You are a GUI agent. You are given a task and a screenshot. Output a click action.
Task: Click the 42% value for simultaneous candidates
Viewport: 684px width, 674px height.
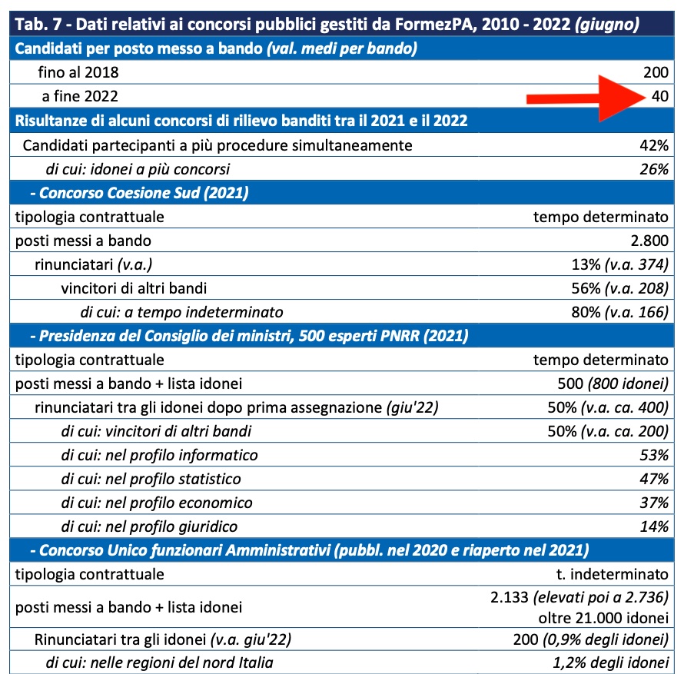pos(655,145)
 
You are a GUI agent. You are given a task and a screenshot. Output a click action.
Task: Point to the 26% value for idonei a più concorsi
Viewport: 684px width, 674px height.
pos(655,169)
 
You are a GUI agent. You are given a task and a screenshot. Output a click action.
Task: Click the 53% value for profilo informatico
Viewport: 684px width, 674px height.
pos(655,455)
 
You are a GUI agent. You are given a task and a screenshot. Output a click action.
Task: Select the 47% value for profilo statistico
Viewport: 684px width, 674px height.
pos(655,479)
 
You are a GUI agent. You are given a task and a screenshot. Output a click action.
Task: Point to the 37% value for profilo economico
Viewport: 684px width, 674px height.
pos(655,503)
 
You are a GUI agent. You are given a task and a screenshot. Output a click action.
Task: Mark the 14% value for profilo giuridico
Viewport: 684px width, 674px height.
pos(655,526)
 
